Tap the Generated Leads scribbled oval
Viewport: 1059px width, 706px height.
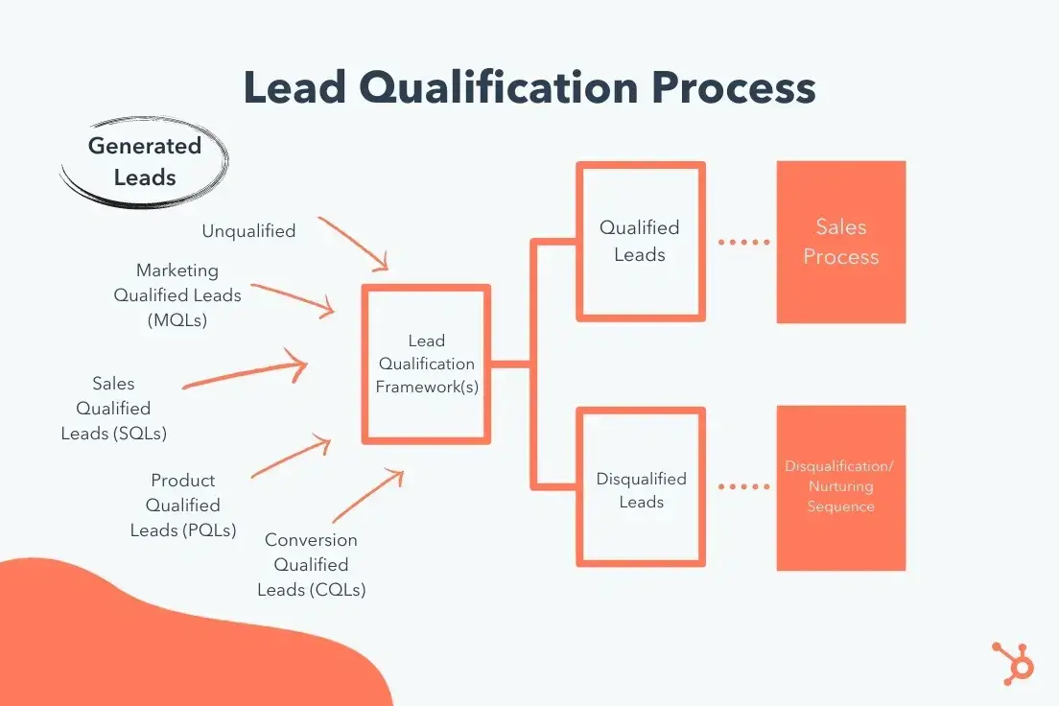pos(145,161)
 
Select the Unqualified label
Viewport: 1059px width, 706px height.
pos(248,230)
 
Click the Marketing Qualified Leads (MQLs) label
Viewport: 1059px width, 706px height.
pos(177,295)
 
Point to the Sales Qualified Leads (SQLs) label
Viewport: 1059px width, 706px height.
pos(113,409)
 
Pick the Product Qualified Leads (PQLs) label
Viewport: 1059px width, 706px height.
pos(183,505)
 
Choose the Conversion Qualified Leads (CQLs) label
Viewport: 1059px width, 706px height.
pos(311,565)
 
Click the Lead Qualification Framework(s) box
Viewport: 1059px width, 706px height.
pos(426,365)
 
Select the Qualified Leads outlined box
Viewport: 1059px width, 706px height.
pos(640,241)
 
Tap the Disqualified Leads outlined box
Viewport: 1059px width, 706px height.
pos(641,489)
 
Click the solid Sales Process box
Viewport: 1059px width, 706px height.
pos(840,242)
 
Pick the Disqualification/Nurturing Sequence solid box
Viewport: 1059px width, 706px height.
pos(840,486)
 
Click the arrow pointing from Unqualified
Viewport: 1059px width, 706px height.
pos(353,244)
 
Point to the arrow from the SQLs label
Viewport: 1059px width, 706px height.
pos(245,374)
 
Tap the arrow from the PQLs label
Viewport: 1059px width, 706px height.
pos(292,459)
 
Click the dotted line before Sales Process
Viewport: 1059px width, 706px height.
pos(743,242)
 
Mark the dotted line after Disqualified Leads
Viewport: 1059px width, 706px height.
pos(743,487)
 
